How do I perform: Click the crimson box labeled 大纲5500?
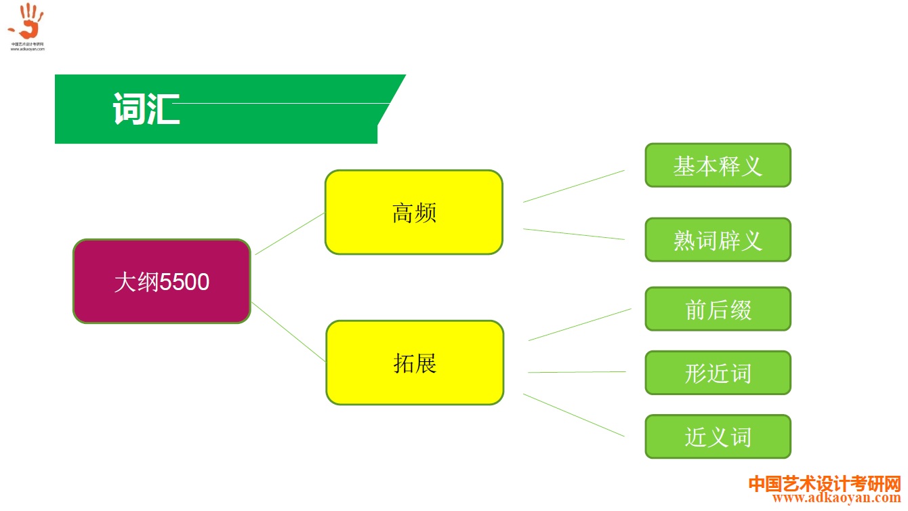161,281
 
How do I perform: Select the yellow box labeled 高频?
413,212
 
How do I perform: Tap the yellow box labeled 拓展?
415,363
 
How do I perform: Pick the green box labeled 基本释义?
718,165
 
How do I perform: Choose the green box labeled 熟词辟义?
718,240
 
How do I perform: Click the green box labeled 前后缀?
718,309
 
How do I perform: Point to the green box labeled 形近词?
718,373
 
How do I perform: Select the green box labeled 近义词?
718,436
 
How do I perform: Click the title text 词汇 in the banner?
146,108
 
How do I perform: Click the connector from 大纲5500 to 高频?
290,234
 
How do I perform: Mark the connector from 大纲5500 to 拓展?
288,332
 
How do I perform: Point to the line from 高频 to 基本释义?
573,186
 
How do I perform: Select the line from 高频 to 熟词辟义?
573,234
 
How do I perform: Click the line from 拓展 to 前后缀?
579,325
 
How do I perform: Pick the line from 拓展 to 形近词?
577,372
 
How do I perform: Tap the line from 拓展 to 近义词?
573,415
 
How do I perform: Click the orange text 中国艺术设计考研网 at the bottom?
825,485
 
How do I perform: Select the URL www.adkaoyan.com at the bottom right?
836,499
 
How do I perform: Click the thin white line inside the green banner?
285,104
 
